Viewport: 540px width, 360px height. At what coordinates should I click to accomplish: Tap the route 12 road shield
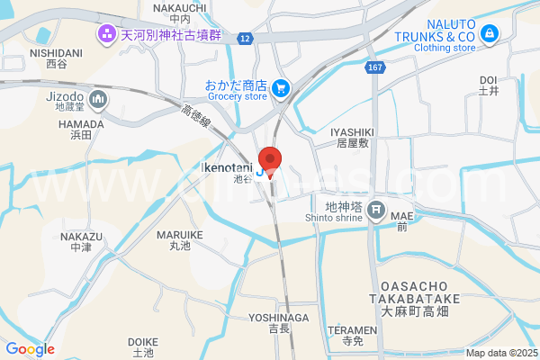click(x=245, y=39)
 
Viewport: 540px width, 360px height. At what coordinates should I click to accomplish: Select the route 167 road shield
click(x=375, y=68)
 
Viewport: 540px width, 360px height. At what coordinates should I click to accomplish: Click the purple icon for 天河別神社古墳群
click(x=107, y=35)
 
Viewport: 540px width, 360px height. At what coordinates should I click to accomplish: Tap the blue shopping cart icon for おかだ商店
click(x=281, y=86)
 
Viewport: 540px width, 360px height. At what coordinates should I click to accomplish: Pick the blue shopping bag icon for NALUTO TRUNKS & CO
click(x=490, y=35)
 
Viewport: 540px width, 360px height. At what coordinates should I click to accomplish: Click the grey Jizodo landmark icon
click(x=99, y=97)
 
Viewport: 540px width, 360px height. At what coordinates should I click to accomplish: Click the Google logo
click(x=30, y=349)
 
